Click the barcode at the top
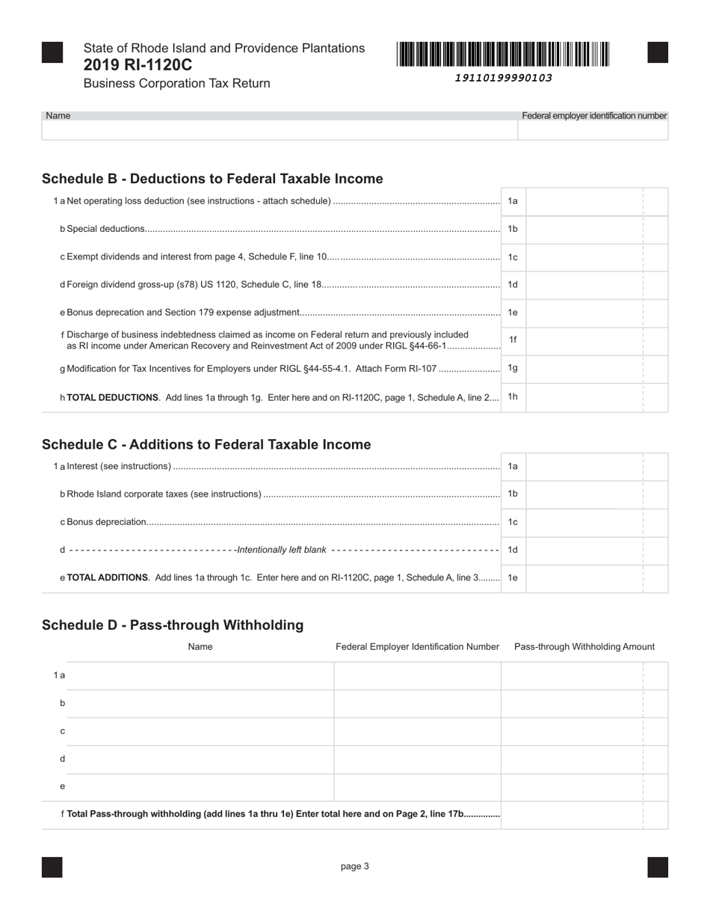[x=503, y=55]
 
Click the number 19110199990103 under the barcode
[x=503, y=78]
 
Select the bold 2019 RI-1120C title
[x=138, y=65]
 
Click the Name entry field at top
[x=280, y=130]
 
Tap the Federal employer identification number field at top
[x=593, y=130]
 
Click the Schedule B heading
[x=212, y=179]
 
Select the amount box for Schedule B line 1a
[x=584, y=201]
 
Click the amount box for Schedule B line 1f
[x=584, y=340]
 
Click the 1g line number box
[x=513, y=368]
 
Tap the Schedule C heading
[x=206, y=444]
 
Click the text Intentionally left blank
[x=282, y=550]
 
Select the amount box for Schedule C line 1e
[x=584, y=577]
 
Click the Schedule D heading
[x=173, y=625]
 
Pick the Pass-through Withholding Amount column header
[x=584, y=647]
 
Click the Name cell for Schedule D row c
[x=200, y=732]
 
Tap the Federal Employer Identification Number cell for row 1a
[x=417, y=675]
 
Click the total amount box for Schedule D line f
[x=572, y=815]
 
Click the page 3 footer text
[x=355, y=866]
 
